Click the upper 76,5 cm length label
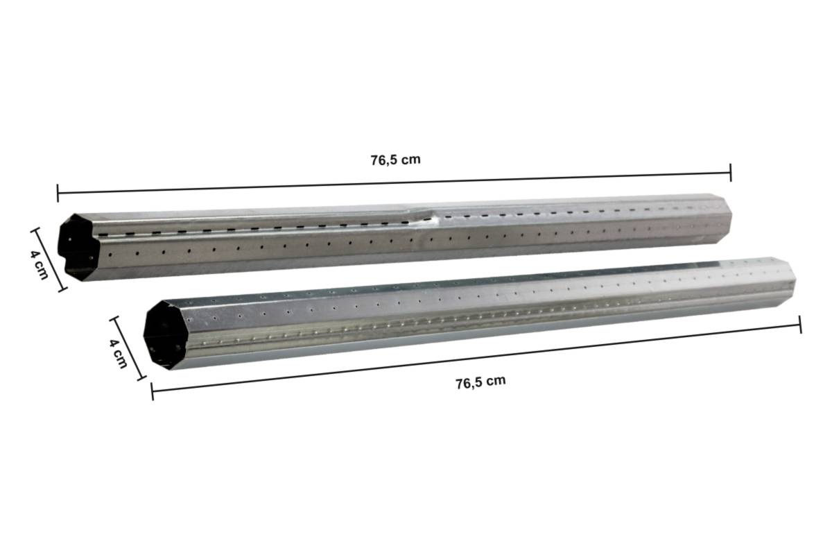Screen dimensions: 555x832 [395, 160]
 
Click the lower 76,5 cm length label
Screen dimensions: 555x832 [480, 382]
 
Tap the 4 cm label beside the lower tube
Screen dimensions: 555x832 [119, 350]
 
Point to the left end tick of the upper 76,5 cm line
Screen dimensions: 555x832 [58, 192]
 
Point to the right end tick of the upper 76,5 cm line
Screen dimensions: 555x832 [731, 173]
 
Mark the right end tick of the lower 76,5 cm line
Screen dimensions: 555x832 [801, 324]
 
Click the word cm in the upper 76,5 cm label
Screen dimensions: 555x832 [411, 160]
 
